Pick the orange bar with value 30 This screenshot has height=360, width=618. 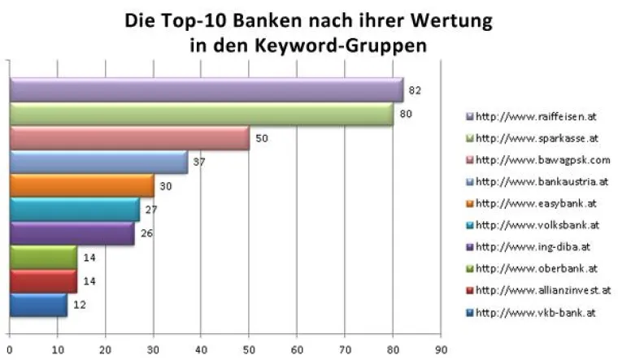pos(81,186)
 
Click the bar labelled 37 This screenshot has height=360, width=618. pos(98,163)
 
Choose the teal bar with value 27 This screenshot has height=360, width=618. pos(74,210)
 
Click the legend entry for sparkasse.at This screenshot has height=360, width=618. pos(538,137)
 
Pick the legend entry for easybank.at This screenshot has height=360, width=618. pos(537,203)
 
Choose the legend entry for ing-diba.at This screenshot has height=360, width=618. pos(535,246)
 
